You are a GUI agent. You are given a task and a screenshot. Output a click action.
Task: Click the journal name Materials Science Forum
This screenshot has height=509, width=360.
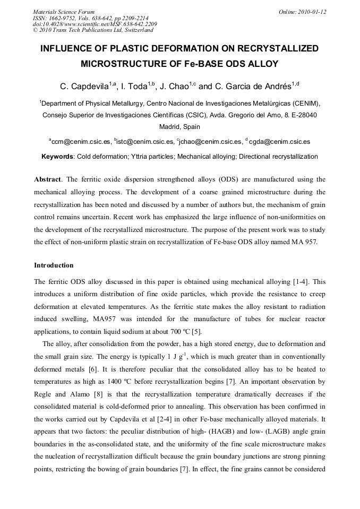coord(64,11)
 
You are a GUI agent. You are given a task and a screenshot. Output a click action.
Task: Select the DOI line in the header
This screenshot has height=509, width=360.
coord(95,24)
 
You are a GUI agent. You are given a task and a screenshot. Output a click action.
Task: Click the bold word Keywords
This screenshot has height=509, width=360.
coord(58,157)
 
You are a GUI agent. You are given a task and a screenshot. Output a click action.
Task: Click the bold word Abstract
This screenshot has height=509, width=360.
coord(47,179)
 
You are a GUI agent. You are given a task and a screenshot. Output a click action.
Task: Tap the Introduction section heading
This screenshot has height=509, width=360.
coord(54,265)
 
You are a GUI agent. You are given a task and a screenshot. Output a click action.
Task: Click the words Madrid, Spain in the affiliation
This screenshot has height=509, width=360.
coord(179,127)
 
